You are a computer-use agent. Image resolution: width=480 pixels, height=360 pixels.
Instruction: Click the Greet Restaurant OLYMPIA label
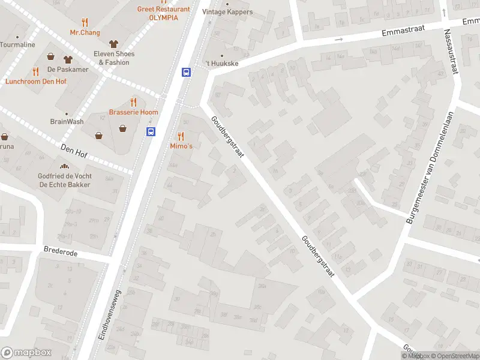[163, 13]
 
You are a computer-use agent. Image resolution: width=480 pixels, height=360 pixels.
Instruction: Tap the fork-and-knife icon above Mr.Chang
[85, 22]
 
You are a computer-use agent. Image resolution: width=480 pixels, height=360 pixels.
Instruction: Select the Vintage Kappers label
[227, 11]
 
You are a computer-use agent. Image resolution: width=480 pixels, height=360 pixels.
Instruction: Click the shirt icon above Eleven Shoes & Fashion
[113, 44]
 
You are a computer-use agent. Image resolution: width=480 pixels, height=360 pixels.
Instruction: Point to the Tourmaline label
[17, 44]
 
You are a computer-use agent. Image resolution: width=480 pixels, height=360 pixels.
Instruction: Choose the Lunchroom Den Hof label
[36, 81]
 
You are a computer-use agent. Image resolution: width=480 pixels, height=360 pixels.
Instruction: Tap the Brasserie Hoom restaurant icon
[133, 102]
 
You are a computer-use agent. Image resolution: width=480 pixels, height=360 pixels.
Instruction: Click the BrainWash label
[67, 121]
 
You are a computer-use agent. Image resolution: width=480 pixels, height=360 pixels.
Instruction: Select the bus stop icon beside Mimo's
[151, 131]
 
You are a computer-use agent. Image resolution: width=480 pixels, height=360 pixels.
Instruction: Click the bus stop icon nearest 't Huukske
[187, 73]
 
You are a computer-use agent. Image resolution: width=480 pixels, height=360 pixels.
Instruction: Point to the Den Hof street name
[74, 150]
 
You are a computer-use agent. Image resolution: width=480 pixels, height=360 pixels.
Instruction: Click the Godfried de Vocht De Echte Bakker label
[65, 179]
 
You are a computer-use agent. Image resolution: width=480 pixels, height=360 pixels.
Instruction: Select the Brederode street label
[61, 253]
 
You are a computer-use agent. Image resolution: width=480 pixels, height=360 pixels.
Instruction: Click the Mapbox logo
[26, 353]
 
